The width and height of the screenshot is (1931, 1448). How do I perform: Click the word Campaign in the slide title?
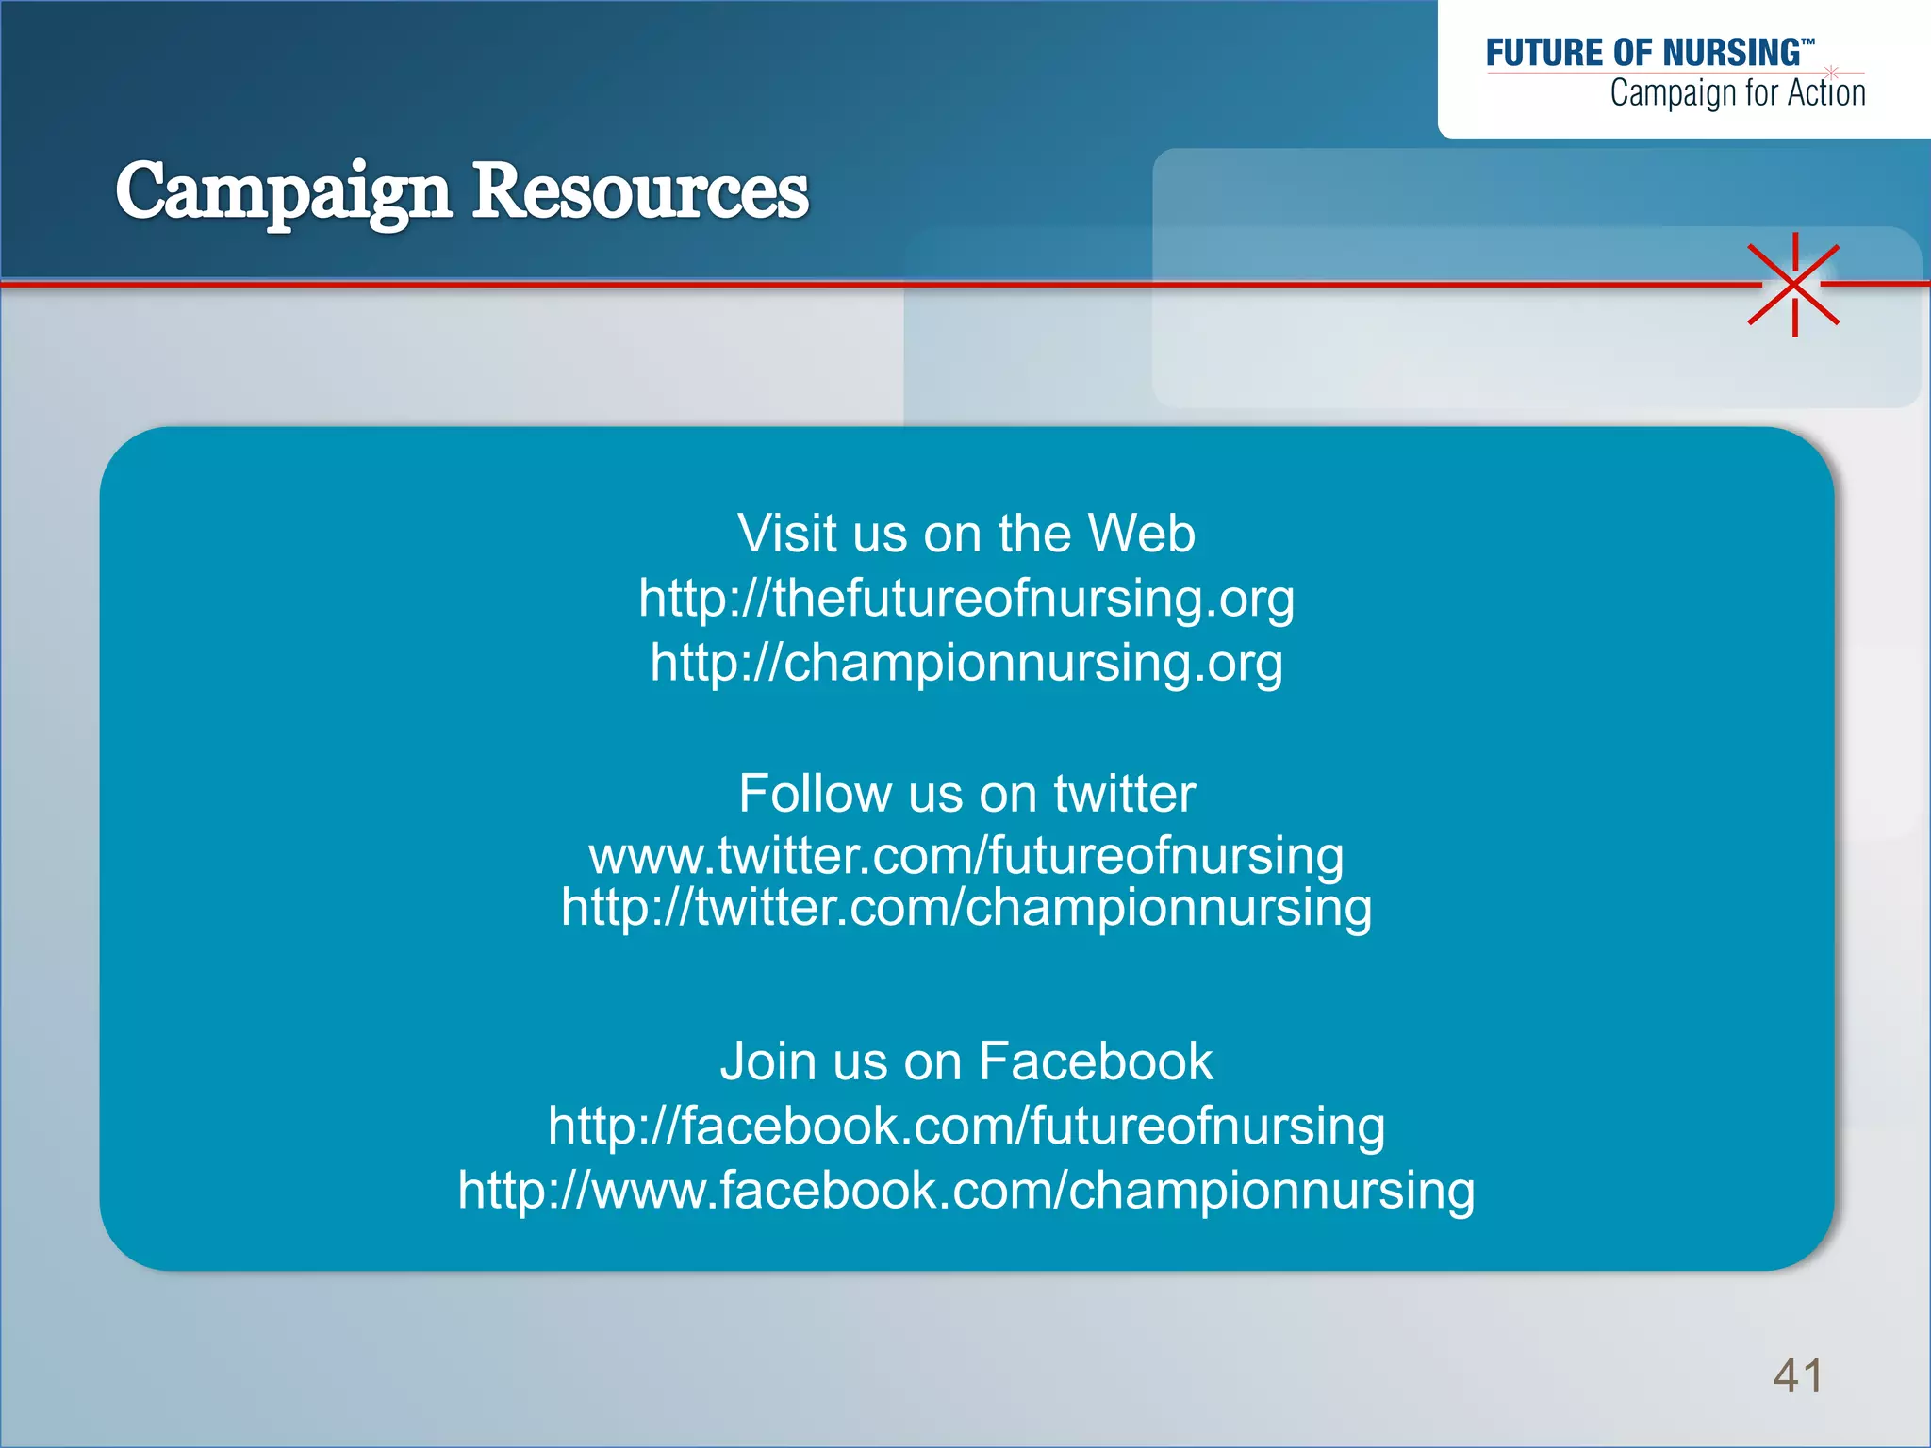point(283,192)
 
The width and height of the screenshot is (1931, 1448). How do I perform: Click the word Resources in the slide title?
point(640,192)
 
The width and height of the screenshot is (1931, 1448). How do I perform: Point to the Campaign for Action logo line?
point(1737,93)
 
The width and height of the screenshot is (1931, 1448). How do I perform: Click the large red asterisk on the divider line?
point(1794,284)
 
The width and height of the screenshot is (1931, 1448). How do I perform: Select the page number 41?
point(1797,1375)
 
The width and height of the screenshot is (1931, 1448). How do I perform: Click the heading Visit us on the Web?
point(965,534)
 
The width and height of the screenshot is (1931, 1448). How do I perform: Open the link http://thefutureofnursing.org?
point(965,599)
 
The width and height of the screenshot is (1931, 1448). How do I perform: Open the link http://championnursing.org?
point(965,663)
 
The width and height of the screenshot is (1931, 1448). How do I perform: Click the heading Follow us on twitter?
point(965,793)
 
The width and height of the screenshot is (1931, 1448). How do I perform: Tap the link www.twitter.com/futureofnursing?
point(965,856)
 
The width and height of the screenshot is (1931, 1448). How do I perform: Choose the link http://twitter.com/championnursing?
point(965,908)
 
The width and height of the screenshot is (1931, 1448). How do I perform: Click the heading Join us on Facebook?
point(965,1061)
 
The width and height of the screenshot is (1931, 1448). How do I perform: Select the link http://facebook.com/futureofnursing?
point(965,1127)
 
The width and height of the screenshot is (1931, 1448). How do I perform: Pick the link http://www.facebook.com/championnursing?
point(965,1191)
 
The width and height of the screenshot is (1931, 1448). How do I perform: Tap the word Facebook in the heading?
point(1096,1061)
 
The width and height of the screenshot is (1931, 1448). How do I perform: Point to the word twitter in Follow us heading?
point(1124,793)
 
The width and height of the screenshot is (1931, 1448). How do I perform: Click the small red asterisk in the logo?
point(1831,72)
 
